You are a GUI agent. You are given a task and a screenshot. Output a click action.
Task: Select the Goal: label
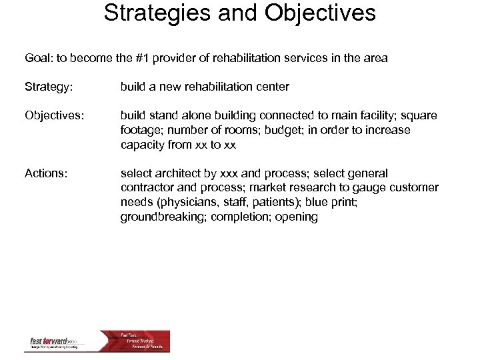(x=40, y=59)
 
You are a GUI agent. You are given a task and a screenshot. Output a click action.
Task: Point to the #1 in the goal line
(x=163, y=59)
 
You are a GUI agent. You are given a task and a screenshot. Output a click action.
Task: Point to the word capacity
(x=143, y=145)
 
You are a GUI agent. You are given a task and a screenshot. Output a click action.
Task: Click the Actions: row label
(x=45, y=173)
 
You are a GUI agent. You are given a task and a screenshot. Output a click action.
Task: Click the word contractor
(x=147, y=188)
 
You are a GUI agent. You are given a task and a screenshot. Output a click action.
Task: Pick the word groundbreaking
(x=162, y=217)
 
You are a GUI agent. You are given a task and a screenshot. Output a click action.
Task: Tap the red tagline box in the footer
(x=144, y=340)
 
